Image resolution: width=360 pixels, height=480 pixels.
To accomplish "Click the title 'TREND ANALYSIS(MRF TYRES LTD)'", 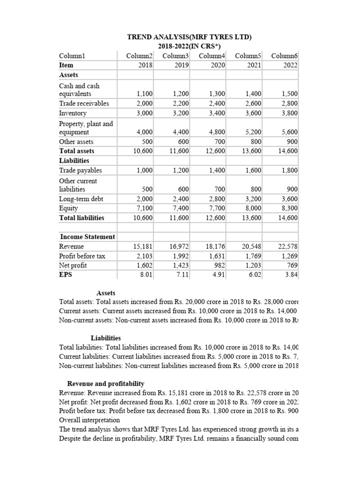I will (190, 37).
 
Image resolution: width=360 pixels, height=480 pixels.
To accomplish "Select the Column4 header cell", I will (211, 56).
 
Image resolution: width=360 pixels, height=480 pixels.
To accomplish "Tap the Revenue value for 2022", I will (288, 247).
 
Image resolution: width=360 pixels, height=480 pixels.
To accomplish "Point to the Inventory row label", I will (73, 113).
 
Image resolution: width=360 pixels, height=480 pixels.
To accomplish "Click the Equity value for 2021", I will (252, 208).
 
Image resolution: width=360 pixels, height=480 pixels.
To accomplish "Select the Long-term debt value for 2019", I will (179, 199).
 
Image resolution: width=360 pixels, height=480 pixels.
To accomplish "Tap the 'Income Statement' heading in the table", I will (87, 237).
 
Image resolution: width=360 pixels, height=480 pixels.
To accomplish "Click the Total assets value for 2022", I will (287, 151).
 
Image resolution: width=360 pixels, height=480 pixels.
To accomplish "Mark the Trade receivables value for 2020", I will (216, 104).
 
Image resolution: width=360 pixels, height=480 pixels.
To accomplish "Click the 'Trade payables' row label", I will (80, 171).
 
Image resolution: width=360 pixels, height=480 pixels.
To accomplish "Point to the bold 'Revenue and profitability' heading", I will (106, 383).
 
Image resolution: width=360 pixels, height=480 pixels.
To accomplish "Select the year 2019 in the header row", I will (181, 66).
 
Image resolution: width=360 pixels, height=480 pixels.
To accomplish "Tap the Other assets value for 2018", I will (147, 142).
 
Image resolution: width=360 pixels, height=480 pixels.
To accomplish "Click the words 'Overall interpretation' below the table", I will (90, 420).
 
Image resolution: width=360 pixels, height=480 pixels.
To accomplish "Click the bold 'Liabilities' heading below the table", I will (105, 338).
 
